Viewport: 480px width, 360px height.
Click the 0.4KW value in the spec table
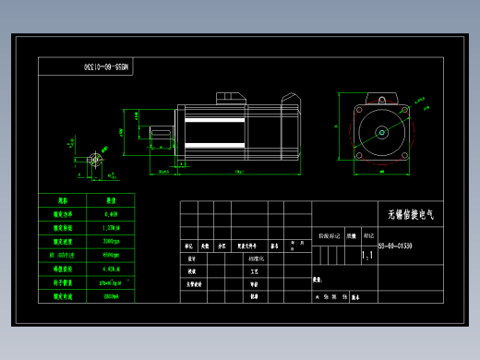pos(112,212)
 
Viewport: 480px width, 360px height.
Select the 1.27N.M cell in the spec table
pos(112,226)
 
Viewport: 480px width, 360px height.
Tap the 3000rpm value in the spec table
pos(112,240)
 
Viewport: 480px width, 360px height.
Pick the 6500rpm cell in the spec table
pos(112,255)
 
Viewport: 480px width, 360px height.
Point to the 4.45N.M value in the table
pos(112,270)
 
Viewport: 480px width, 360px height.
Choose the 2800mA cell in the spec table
pos(112,298)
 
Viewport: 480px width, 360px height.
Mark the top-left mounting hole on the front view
pos(358,109)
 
